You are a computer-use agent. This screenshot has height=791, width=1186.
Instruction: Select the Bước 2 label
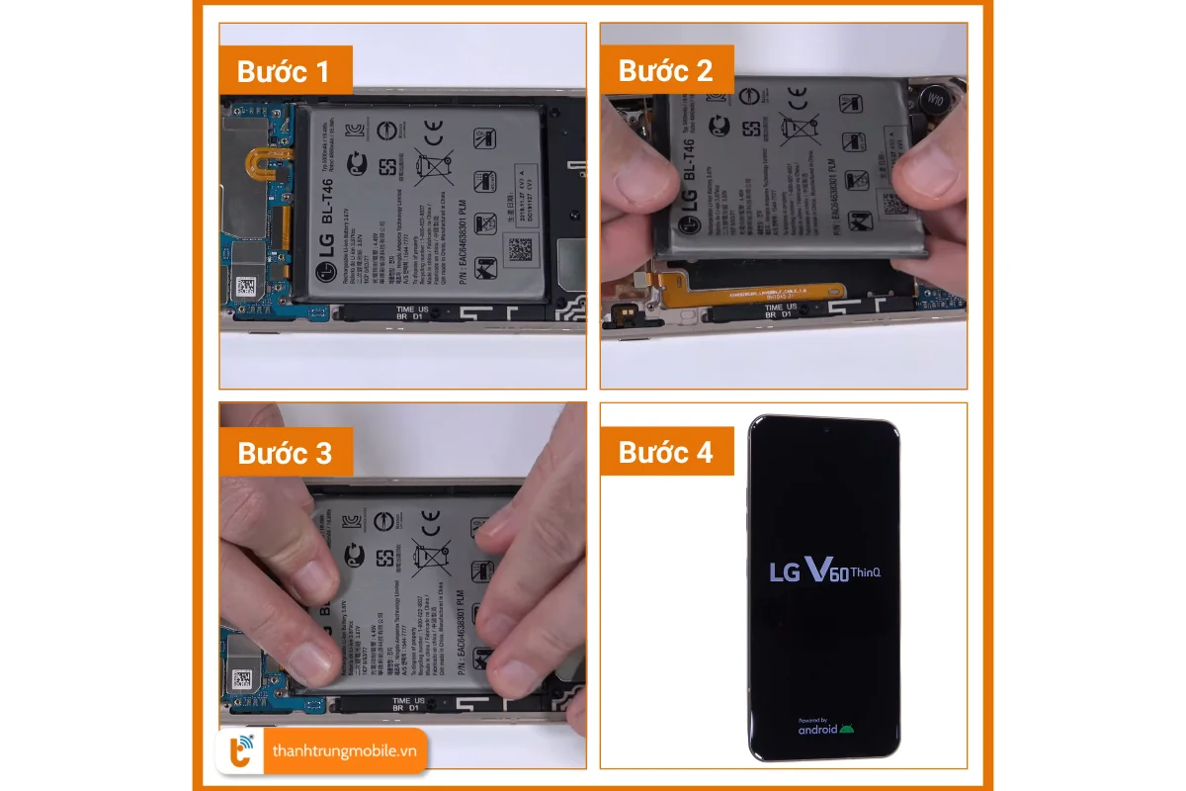pos(666,71)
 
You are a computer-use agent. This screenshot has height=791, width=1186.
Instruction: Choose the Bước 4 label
pos(666,453)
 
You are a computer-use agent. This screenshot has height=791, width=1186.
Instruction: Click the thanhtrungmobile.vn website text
pos(345,751)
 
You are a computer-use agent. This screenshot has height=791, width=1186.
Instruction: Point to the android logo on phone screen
pos(825,729)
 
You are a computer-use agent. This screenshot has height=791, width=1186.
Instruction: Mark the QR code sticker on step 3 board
pos(242,679)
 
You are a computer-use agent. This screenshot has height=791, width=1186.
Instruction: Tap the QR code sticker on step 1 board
pos(245,288)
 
